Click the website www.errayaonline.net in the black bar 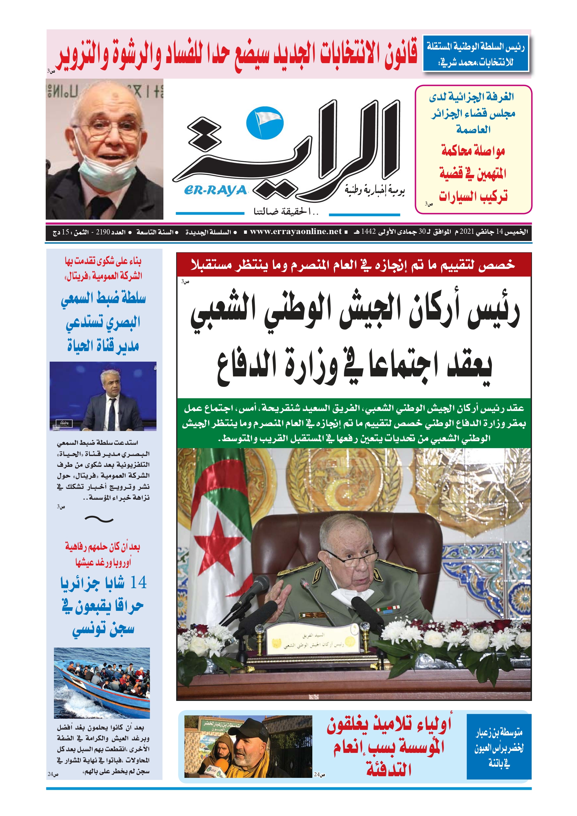click(296, 232)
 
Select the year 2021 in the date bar click(467, 232)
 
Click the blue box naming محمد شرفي click(475, 54)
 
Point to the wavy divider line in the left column click(99, 519)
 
